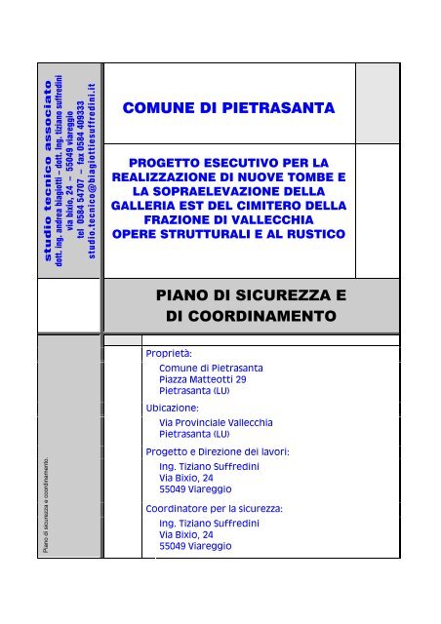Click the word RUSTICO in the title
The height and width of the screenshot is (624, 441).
(x=312, y=236)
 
